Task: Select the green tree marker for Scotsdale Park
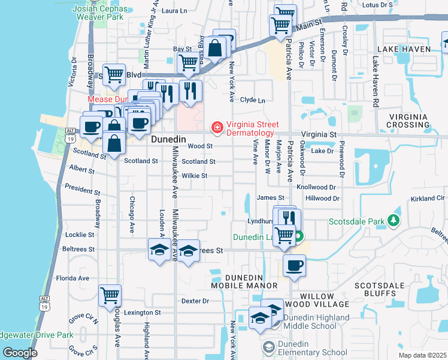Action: pyautogui.click(x=393, y=221)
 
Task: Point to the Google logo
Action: pyautogui.click(x=19, y=353)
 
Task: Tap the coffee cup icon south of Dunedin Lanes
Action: pyautogui.click(x=293, y=266)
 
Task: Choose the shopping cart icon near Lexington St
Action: pyautogui.click(x=110, y=295)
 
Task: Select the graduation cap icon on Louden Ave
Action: pyautogui.click(x=159, y=250)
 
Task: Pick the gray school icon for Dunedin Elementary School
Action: pyautogui.click(x=268, y=347)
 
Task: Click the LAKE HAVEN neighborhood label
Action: pyautogui.click(x=404, y=49)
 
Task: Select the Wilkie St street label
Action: pyautogui.click(x=195, y=176)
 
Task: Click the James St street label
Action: pyautogui.click(x=270, y=197)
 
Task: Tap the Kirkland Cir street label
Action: pyautogui.click(x=428, y=198)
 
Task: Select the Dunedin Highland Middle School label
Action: pyautogui.click(x=317, y=322)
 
